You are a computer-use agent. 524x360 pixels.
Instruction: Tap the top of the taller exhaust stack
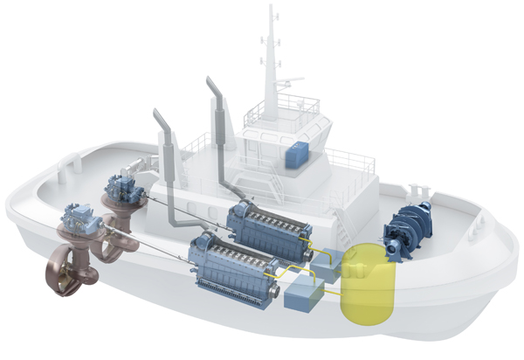[212, 83]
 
